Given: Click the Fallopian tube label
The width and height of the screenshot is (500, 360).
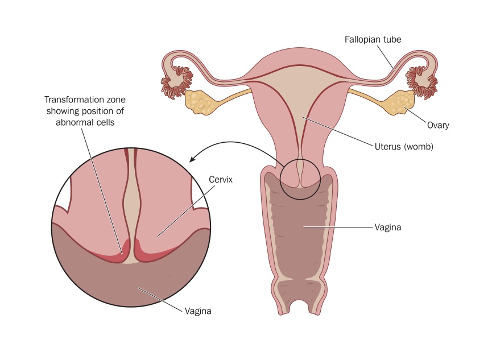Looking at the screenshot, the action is click(x=373, y=40).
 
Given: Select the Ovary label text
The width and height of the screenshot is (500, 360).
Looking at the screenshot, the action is click(x=438, y=125).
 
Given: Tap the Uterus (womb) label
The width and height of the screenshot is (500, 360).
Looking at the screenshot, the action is click(x=404, y=147).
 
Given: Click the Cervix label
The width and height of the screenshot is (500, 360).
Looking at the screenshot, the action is click(x=221, y=180).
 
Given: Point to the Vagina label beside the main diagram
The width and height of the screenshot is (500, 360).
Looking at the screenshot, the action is click(x=388, y=227).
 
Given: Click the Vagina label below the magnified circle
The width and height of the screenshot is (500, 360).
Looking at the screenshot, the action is click(x=198, y=311).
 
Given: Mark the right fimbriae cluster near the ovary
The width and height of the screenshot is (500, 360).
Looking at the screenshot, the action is click(x=422, y=82).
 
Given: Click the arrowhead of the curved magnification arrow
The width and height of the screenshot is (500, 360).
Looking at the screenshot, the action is click(x=192, y=159).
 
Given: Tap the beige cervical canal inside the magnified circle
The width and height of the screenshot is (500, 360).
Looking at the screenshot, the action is click(x=131, y=204).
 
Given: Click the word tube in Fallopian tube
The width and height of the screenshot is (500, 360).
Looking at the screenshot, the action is click(x=392, y=40).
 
